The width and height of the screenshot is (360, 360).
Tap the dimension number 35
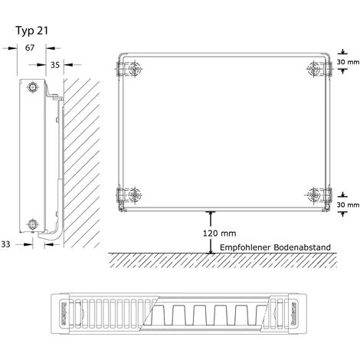54,65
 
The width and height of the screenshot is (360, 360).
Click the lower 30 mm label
349,205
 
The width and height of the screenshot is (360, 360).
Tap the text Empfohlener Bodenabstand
273,247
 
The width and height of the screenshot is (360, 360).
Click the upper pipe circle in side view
32,87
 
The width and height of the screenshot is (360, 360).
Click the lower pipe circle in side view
32,224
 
